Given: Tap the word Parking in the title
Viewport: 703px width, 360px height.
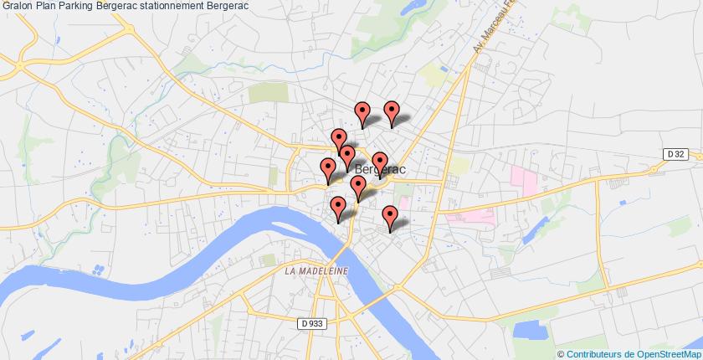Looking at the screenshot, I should pos(85,6).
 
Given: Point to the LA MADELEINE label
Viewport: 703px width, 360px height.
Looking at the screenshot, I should pos(316,271).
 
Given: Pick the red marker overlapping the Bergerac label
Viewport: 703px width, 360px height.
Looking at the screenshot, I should pos(380,162).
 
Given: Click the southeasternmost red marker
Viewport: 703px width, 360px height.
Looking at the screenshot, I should pos(389,216).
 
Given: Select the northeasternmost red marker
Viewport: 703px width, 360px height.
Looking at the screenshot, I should pos(391,111).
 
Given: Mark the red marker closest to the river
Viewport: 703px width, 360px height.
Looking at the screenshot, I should pos(338,207).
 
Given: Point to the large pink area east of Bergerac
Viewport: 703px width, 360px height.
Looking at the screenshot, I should pos(524,178).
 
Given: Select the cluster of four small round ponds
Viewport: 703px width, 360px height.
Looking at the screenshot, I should pos(97,270).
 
